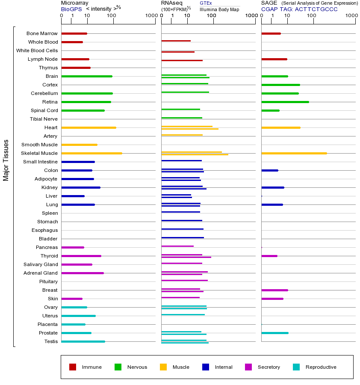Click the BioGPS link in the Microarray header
[71, 9]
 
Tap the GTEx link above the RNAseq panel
[206, 3]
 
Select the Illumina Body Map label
[220, 9]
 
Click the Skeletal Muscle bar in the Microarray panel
[91, 153]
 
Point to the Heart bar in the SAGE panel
[280, 127]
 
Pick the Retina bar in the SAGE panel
[285, 102]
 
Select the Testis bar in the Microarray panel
[83, 341]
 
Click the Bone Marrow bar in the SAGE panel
[271, 33]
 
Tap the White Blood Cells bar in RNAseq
[178, 52]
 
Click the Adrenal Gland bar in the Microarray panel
[83, 273]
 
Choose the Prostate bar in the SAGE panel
[274, 333]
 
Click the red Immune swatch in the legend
[73, 367]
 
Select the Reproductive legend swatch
[296, 367]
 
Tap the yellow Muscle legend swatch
[163, 367]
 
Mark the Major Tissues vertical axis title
[6, 160]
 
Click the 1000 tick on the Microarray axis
[150, 16]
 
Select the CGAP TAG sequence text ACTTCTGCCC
[316, 9]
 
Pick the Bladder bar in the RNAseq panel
[183, 237]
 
